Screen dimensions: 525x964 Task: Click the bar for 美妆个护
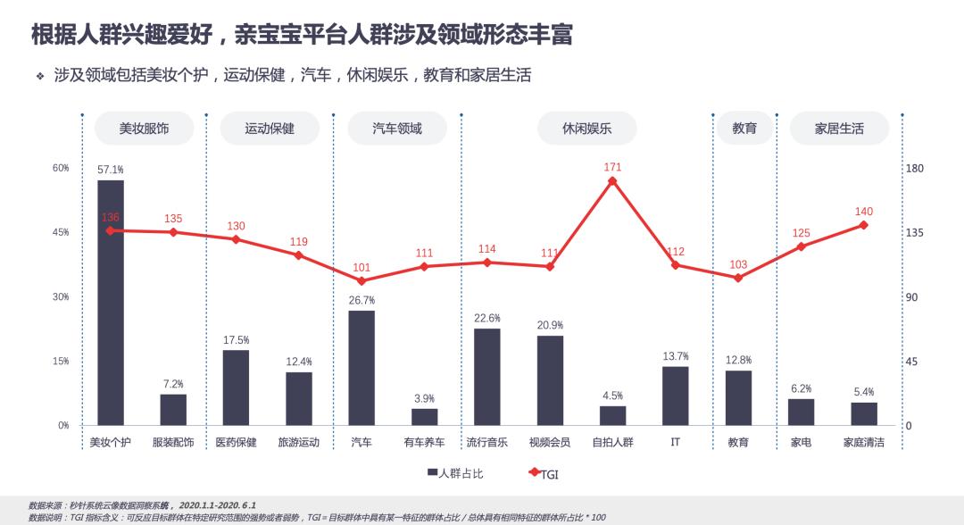coord(111,303)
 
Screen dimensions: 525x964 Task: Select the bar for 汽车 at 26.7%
coord(361,368)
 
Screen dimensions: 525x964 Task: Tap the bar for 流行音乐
coord(487,377)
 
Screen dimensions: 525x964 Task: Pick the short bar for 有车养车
coord(424,417)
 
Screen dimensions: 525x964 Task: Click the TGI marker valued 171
coord(612,181)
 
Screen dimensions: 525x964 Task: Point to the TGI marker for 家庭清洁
coord(863,225)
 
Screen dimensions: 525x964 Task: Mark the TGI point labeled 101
coord(361,280)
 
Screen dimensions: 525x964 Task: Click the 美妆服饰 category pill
coord(144,129)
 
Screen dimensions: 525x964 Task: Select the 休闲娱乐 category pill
coord(586,129)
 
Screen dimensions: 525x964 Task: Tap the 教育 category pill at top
coord(744,129)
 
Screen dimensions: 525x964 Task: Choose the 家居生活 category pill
coord(839,129)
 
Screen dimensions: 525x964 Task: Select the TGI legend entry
coord(544,473)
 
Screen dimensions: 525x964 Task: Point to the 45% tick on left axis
coord(61,232)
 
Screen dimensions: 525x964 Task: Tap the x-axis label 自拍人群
coord(612,442)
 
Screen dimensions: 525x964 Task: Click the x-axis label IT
coord(675,442)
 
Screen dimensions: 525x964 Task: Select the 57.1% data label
coord(111,169)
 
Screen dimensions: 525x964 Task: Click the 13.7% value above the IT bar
coord(675,356)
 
